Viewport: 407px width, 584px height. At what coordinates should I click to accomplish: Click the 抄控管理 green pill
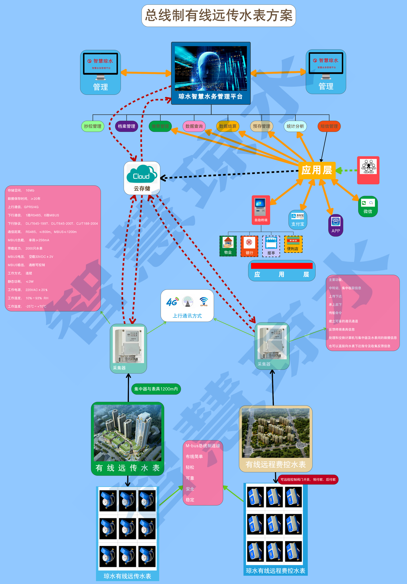pos(93,126)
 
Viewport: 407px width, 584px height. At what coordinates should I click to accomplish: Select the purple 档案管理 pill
pos(126,126)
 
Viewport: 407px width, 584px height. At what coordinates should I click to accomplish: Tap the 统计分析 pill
pos(295,126)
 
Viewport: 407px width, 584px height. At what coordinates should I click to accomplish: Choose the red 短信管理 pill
pos(329,126)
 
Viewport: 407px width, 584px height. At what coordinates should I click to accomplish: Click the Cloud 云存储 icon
pos(142,178)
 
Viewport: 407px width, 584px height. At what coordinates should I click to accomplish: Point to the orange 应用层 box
pos(317,170)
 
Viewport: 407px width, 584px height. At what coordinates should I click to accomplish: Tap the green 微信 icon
pos(368,206)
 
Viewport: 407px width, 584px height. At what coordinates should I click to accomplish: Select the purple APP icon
pos(336,225)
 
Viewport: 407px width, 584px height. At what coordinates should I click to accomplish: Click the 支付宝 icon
pos(298,220)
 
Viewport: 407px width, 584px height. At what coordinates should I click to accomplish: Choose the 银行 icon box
pos(249,246)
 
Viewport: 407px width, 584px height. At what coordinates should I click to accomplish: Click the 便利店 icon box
pos(293,244)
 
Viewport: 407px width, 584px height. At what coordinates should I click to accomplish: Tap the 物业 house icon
pos(228,246)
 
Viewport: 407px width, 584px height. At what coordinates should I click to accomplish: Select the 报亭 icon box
pos(271,246)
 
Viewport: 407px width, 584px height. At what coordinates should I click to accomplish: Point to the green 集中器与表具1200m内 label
pos(156,389)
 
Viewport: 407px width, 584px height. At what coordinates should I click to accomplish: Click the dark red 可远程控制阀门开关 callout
pos(308,479)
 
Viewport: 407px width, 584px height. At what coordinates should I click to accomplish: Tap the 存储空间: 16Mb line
pos(21,190)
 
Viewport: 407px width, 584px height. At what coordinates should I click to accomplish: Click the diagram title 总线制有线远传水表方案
pos(219,16)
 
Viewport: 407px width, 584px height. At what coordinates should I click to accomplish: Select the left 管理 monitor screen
pos(100,64)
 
